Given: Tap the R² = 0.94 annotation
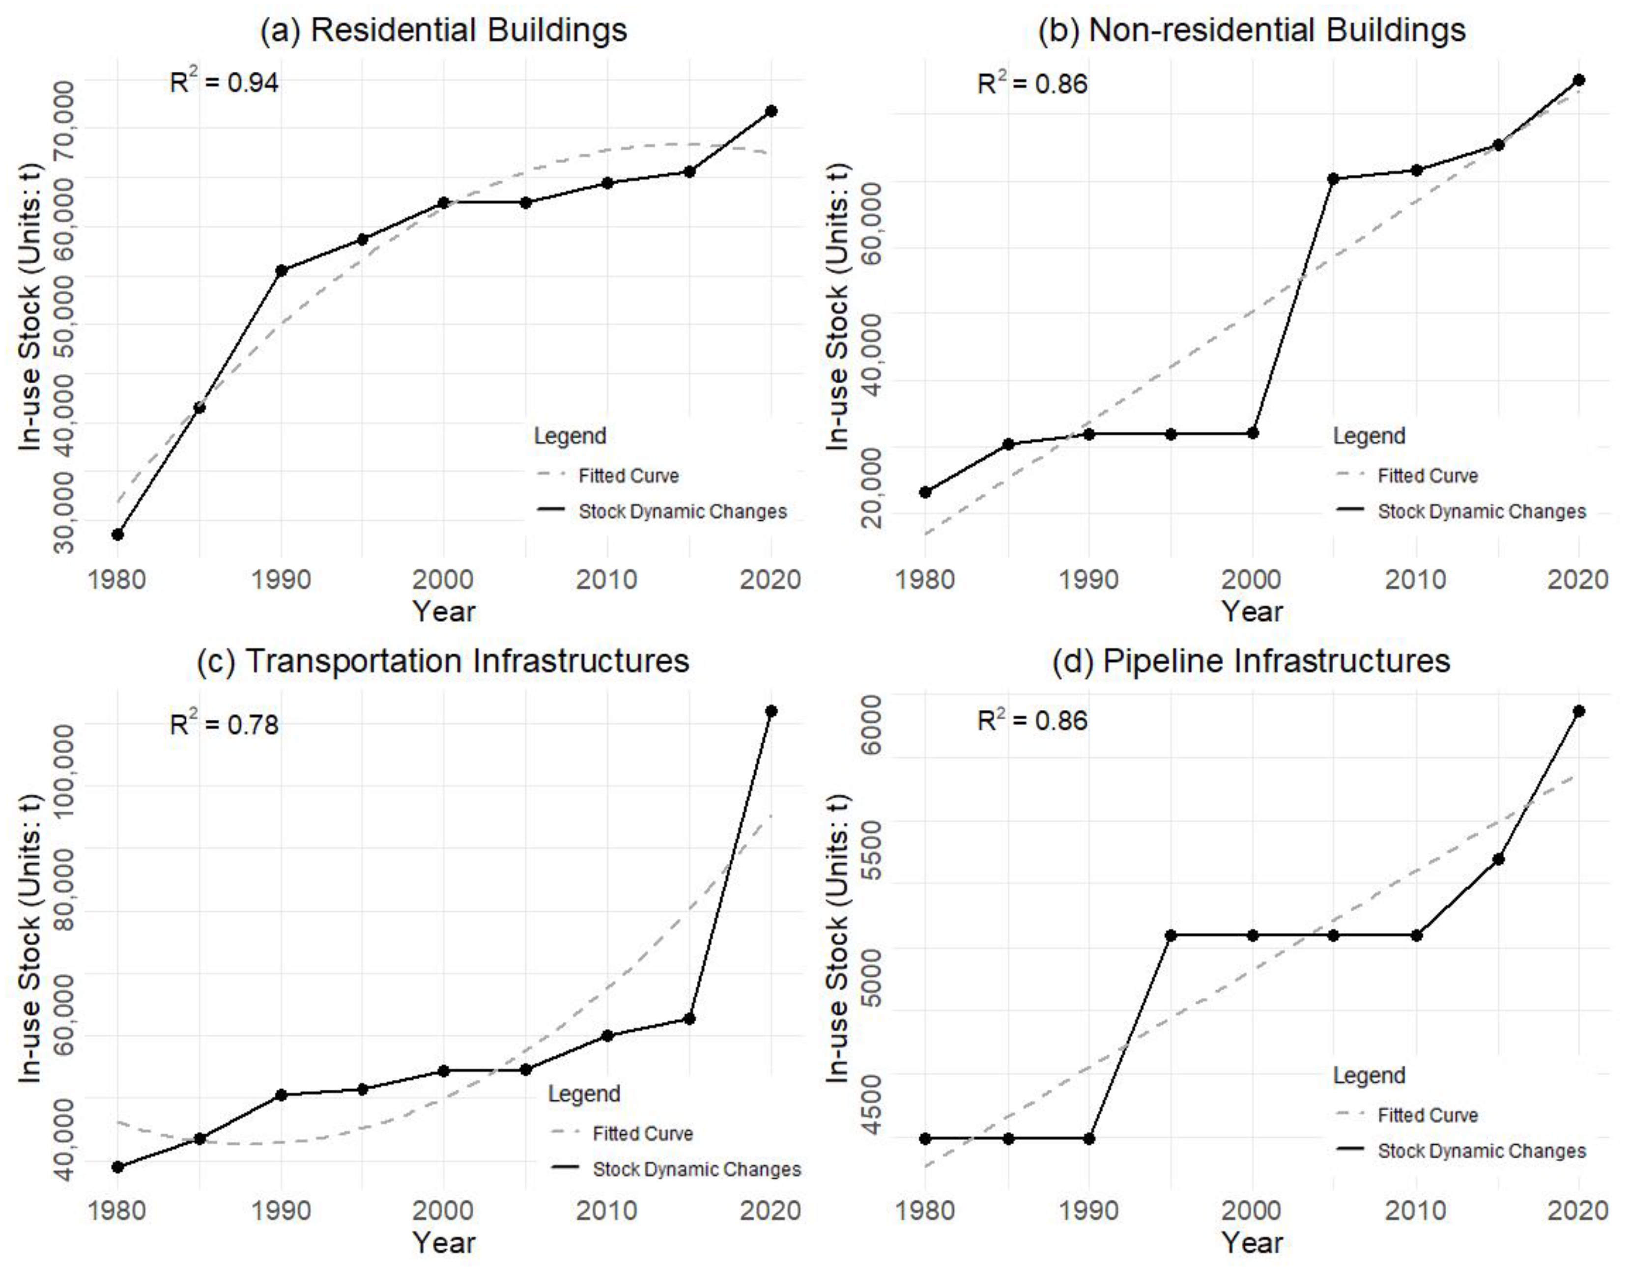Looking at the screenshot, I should (x=224, y=82).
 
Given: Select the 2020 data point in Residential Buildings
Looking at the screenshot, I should (x=771, y=111).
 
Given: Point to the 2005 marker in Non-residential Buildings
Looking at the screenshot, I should (x=1333, y=178).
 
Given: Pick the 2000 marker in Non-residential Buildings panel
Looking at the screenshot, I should (x=1253, y=433).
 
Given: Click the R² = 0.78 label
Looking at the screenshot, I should (x=224, y=724).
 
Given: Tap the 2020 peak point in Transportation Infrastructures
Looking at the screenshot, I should (x=771, y=711).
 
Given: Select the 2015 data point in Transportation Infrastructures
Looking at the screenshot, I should (x=689, y=1018).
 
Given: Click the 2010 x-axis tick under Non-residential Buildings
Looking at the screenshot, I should (x=1415, y=580).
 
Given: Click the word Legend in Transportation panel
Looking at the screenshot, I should (x=584, y=1094).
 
